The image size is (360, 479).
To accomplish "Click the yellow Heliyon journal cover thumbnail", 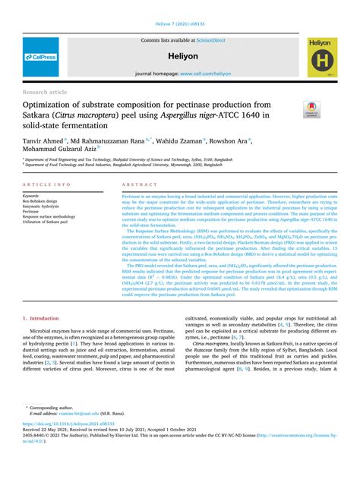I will click(x=321, y=58).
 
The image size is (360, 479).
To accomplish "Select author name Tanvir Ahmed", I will click(x=43, y=141).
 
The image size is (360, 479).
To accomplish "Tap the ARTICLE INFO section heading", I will click(x=48, y=185).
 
